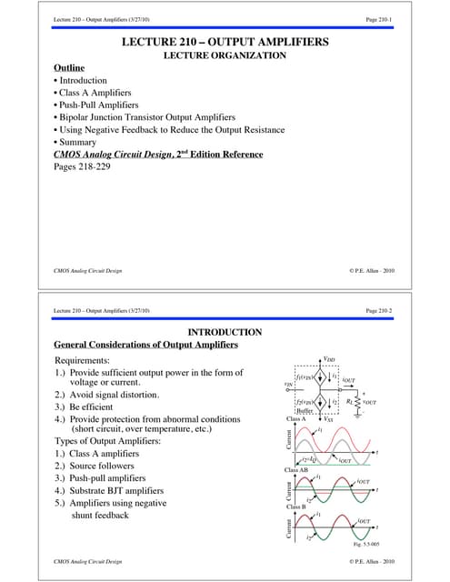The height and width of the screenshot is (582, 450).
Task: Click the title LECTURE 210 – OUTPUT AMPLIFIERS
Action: [x=224, y=44]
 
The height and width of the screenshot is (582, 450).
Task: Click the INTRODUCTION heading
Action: [x=224, y=333]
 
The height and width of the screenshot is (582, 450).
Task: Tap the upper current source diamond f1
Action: [x=321, y=376]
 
